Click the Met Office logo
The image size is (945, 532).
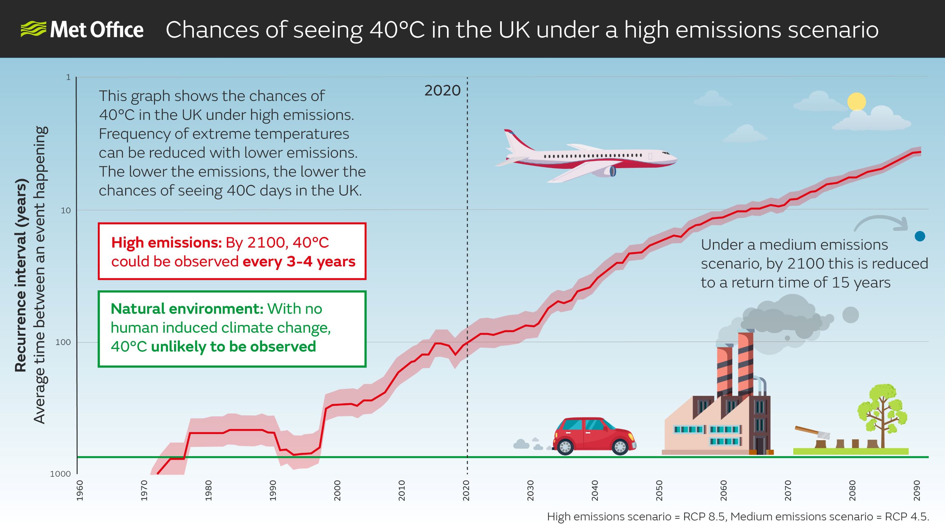82,29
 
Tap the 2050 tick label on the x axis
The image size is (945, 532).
659,490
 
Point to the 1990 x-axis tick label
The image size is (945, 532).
273,490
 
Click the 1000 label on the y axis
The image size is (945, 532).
61,474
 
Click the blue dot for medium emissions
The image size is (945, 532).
920,236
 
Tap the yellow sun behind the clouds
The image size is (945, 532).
857,102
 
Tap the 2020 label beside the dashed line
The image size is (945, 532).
442,91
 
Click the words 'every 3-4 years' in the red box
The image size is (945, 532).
299,261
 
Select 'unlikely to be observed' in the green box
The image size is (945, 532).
233,347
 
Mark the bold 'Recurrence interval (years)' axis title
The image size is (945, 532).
21,275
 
